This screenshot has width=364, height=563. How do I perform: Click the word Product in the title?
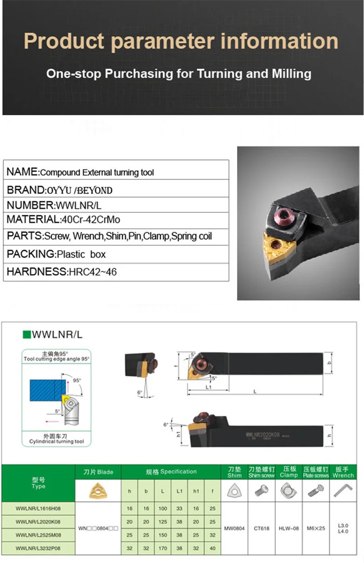click(x=64, y=41)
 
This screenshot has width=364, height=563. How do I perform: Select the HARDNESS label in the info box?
click(x=37, y=272)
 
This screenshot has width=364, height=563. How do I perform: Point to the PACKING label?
click(x=31, y=254)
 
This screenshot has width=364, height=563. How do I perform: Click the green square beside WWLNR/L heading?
click(x=26, y=335)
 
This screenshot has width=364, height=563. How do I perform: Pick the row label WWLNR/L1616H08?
click(x=38, y=508)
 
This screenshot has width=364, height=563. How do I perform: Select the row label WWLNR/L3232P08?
click(x=38, y=548)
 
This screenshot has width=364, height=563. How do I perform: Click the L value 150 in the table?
click(x=163, y=535)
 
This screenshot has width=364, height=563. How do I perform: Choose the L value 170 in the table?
click(x=163, y=548)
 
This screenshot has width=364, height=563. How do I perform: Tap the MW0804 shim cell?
click(x=234, y=528)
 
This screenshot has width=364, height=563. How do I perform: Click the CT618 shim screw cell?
click(x=262, y=528)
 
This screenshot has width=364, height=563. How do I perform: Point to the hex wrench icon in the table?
click(x=343, y=491)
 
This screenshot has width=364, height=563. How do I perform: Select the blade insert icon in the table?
click(x=98, y=491)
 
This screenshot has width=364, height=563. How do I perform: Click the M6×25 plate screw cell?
click(x=316, y=528)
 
